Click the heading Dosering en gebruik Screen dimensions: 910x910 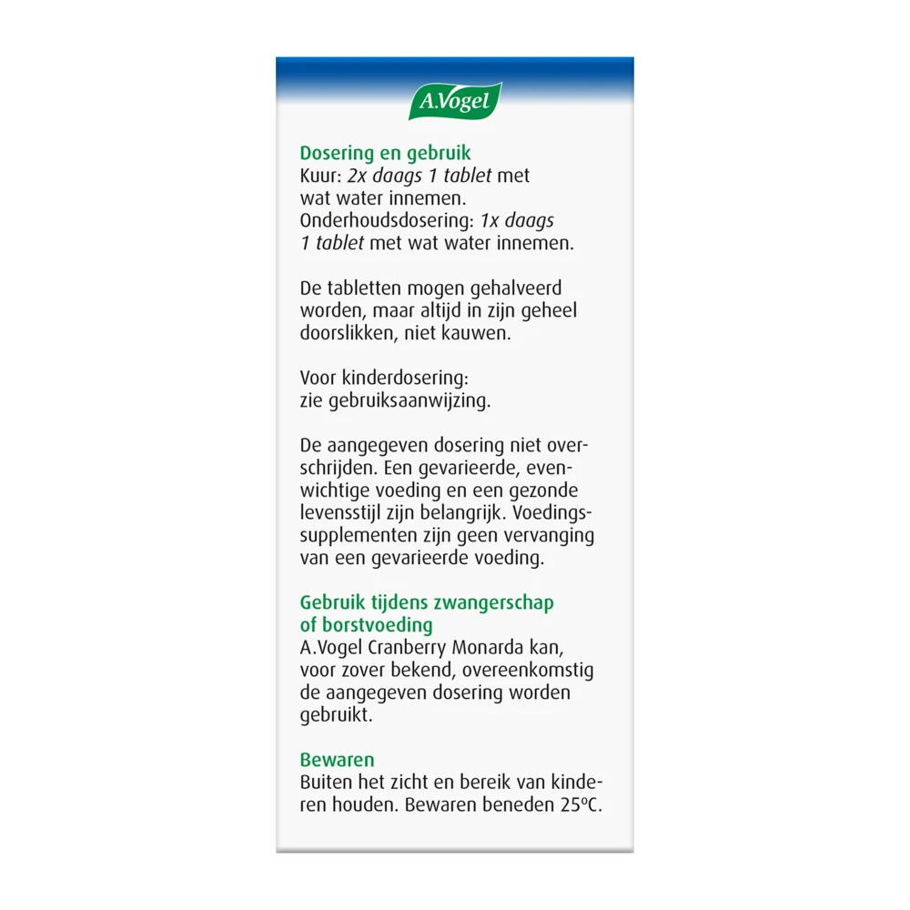[385, 154]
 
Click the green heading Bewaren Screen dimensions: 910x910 [338, 759]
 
